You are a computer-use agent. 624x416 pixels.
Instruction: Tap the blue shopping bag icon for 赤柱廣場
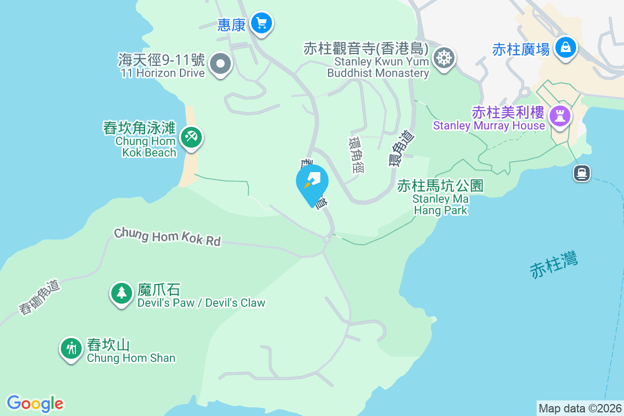pyautogui.click(x=565, y=48)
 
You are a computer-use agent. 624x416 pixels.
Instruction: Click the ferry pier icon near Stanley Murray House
pyautogui.click(x=582, y=173)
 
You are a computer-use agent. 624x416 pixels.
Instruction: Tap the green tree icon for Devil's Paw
pyautogui.click(x=122, y=293)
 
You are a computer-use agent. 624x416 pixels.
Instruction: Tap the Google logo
pyautogui.click(x=35, y=403)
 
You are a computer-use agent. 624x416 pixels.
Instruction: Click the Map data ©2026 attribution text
pyautogui.click(x=580, y=408)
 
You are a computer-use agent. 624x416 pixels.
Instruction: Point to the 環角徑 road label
pyautogui.click(x=357, y=155)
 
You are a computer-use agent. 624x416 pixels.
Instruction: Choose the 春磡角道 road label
pyautogui.click(x=40, y=297)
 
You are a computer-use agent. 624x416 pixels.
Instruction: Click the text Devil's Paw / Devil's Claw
pyautogui.click(x=201, y=303)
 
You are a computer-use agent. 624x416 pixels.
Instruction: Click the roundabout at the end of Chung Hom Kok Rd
pyautogui.click(x=327, y=240)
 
